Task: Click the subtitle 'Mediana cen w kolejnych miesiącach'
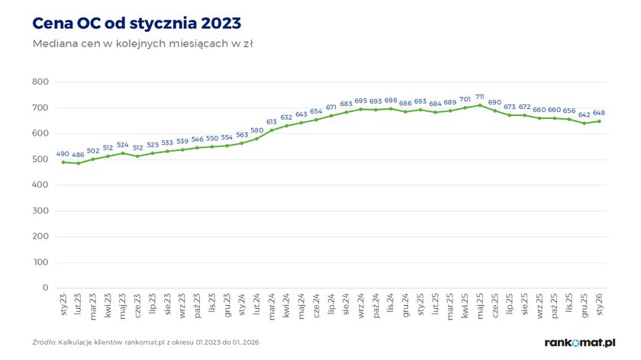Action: [143, 43]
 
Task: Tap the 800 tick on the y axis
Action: [40, 82]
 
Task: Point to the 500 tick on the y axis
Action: [40, 159]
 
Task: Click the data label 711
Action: [479, 97]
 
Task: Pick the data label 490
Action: [63, 154]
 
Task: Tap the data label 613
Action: [272, 122]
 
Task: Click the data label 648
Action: [599, 113]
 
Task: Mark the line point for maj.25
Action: [479, 105]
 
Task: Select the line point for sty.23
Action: [63, 162]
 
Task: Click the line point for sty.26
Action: [599, 121]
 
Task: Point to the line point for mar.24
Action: [272, 130]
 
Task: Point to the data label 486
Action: [78, 155]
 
